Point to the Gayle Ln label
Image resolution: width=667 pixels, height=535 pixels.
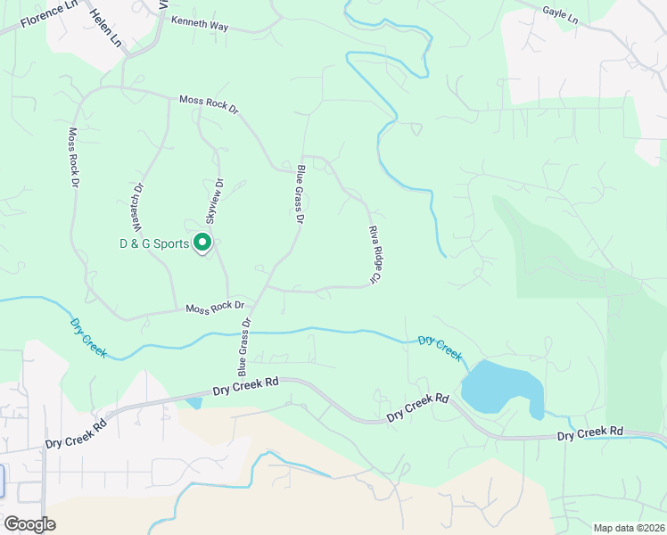tap(560, 14)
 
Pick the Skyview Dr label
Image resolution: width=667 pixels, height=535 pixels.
tap(215, 202)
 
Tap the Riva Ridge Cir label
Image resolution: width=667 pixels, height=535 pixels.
tap(375, 255)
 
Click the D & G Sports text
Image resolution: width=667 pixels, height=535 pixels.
tap(154, 243)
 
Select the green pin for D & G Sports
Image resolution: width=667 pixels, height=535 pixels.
tap(202, 242)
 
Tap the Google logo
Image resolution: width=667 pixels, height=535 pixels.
tap(29, 524)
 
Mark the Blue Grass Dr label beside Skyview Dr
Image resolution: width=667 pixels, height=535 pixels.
tap(301, 193)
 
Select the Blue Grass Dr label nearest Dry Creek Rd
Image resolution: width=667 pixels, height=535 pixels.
tap(243, 347)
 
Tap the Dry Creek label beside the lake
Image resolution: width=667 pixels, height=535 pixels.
tap(441, 347)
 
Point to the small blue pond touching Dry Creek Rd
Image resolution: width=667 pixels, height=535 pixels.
tap(194, 403)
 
